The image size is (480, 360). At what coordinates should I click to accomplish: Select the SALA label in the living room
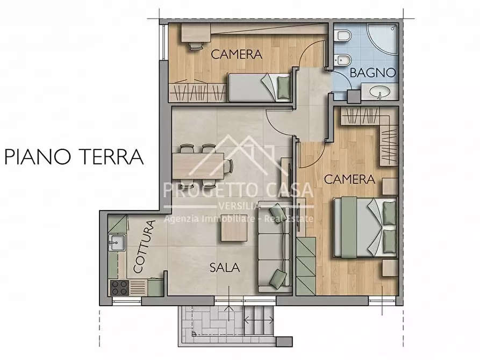point(224,267)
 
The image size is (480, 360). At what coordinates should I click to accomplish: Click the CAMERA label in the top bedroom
point(236,54)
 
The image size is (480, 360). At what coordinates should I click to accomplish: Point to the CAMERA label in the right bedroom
point(349,179)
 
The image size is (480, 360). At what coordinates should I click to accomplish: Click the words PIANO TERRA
point(74,157)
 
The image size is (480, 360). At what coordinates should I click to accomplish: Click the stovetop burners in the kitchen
point(119,287)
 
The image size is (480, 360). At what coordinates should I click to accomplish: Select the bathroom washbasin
point(381,93)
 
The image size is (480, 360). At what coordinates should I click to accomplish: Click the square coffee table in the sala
point(232,232)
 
